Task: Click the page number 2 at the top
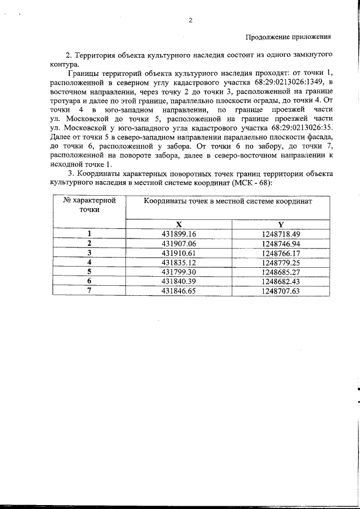tap(190, 21)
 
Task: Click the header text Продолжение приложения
tap(287, 37)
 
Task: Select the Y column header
tap(281, 224)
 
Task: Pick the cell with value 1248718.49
tap(281, 233)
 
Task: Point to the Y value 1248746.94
tap(281, 243)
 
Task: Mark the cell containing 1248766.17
tap(281, 253)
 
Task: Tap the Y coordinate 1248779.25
tap(281, 262)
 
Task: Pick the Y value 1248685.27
tap(281, 272)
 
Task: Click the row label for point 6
tap(89, 281)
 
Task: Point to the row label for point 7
tap(89, 291)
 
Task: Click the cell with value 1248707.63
tap(281, 291)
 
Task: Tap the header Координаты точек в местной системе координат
tap(227, 201)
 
